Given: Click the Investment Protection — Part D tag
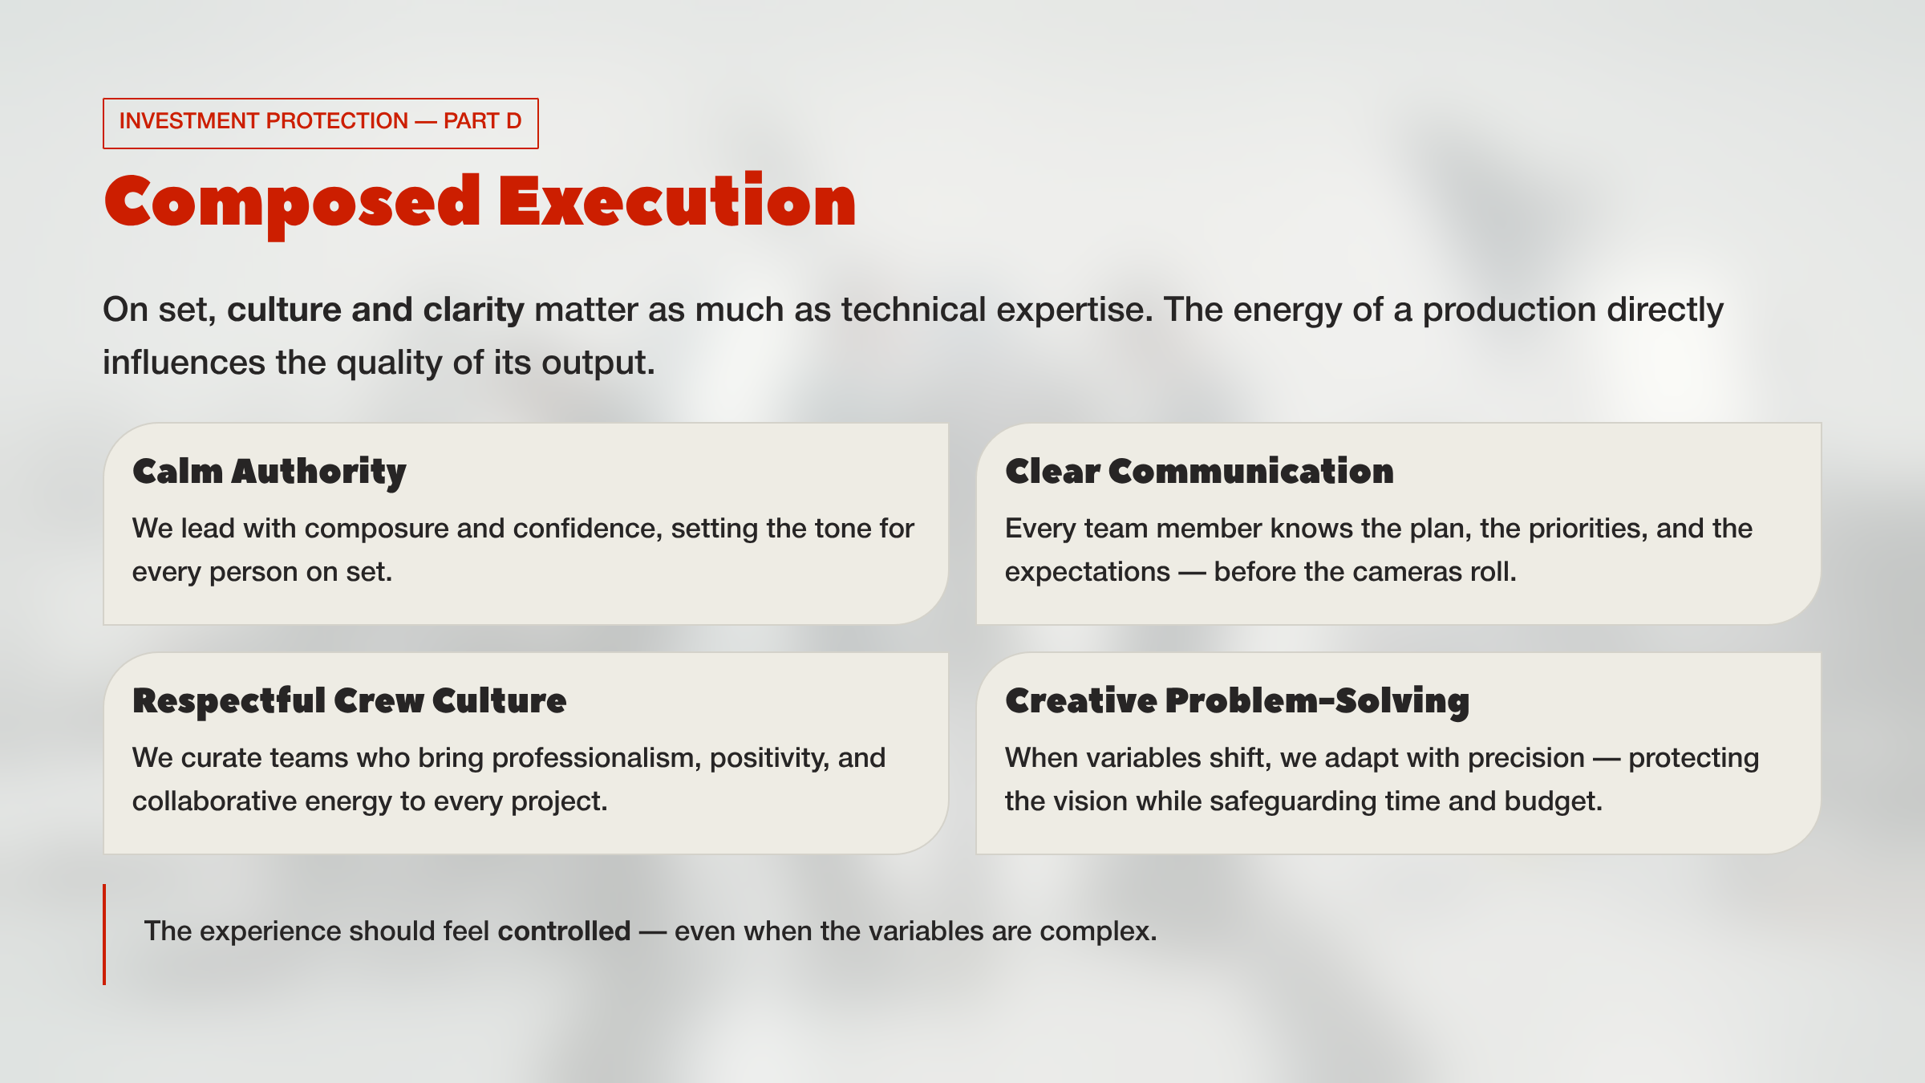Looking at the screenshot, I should coord(320,122).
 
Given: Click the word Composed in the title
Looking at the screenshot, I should coord(293,202).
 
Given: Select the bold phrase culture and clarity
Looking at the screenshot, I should coord(375,310).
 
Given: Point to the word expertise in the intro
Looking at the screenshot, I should coord(1073,310).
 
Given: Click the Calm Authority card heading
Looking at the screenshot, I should coord(269,471).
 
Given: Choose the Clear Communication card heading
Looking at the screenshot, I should coord(1199,471).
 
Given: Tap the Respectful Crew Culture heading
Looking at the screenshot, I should coord(350,700).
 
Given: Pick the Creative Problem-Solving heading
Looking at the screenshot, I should coord(1237,700).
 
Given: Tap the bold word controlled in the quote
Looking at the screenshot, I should coord(564,931).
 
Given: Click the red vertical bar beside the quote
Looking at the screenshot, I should coord(104,934).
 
